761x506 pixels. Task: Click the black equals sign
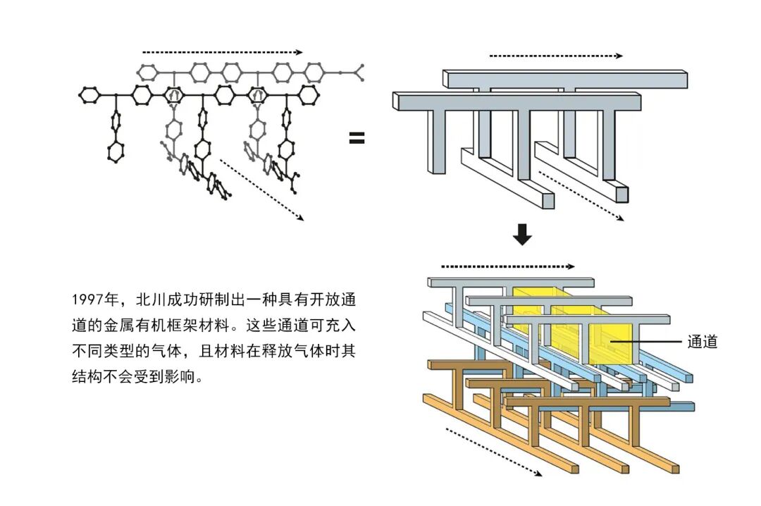pyautogui.click(x=357, y=138)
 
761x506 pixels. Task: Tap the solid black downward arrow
pyautogui.click(x=522, y=234)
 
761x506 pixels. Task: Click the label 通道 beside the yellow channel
pyautogui.click(x=703, y=342)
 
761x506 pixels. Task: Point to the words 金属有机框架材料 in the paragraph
pyautogui.click(x=166, y=325)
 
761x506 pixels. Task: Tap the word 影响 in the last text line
pyautogui.click(x=182, y=376)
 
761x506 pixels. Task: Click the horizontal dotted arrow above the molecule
pyautogui.click(x=223, y=52)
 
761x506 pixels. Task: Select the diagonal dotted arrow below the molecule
pyautogui.click(x=261, y=190)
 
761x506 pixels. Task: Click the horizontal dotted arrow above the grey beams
pyautogui.click(x=556, y=56)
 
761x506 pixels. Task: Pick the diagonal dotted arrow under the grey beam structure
pyautogui.click(x=581, y=196)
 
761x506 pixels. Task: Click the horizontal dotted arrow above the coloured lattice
pyautogui.click(x=508, y=266)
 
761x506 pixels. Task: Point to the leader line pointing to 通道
pyautogui.click(x=646, y=342)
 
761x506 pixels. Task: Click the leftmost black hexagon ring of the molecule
pyautogui.click(x=88, y=94)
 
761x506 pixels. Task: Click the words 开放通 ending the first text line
pyautogui.click(x=333, y=300)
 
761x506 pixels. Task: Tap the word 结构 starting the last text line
pyautogui.click(x=87, y=376)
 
